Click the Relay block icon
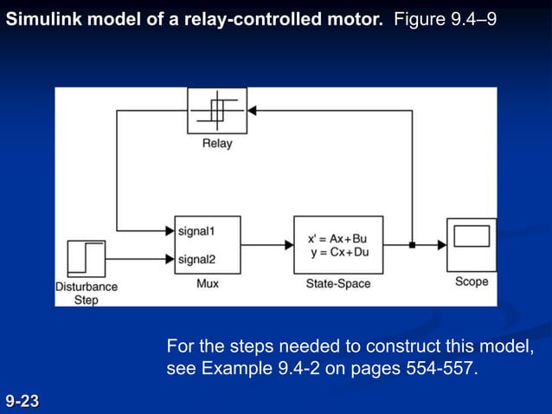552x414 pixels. tap(217, 111)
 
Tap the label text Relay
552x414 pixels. tap(217, 144)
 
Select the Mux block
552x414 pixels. tap(208, 245)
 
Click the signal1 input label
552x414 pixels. tap(196, 231)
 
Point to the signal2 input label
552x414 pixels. tap(196, 259)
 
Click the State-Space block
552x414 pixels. tap(338, 245)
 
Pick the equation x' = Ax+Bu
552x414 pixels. tap(338, 238)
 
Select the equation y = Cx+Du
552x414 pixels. tap(338, 252)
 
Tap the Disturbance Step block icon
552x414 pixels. tap(85, 259)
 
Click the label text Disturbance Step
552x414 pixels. tap(86, 293)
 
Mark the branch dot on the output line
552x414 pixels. tap(413, 245)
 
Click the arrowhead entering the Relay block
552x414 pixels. tap(253, 111)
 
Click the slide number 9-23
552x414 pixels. tap(22, 401)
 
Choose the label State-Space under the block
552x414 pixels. tap(338, 283)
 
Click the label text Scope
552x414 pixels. tap(472, 281)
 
